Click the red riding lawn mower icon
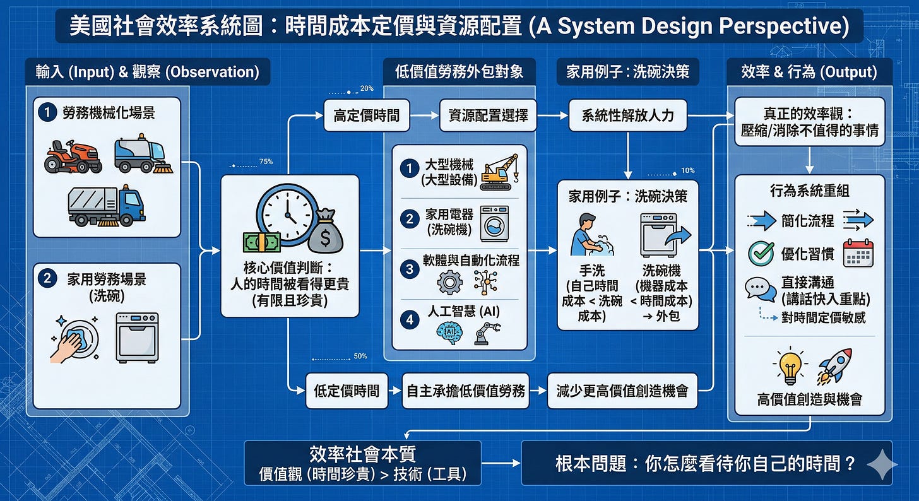[73, 156]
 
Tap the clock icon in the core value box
[286, 214]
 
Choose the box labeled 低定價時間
[347, 391]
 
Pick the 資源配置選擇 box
[488, 115]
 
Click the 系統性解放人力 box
[627, 115]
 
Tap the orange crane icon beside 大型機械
[499, 172]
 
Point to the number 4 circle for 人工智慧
[410, 319]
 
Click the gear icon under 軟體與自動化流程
[449, 281]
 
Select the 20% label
[367, 88]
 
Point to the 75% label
[266, 162]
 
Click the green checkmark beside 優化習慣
[761, 254]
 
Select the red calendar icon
[858, 253]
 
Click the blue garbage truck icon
[106, 205]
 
